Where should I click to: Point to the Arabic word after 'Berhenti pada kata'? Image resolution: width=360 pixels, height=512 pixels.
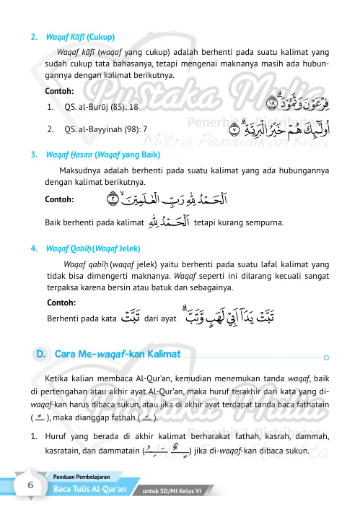point(131,318)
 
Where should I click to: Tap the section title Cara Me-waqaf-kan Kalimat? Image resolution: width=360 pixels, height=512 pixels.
point(117,354)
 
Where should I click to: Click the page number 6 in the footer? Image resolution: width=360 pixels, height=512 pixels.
point(31,486)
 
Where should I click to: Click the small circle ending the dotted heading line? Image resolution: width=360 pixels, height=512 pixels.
point(328,356)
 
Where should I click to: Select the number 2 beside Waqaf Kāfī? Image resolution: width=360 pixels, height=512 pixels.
point(33,36)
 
